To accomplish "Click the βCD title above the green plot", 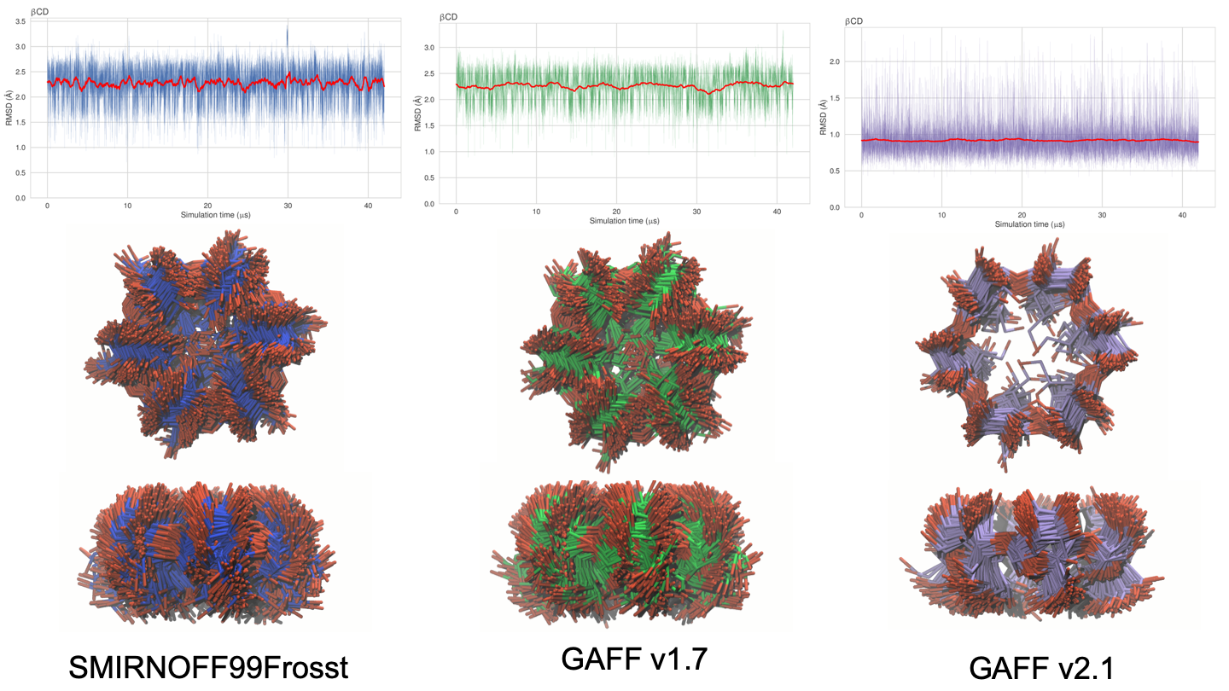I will (x=447, y=17).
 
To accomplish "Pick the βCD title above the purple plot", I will (x=853, y=20).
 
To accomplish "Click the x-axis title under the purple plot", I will (x=1029, y=224).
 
